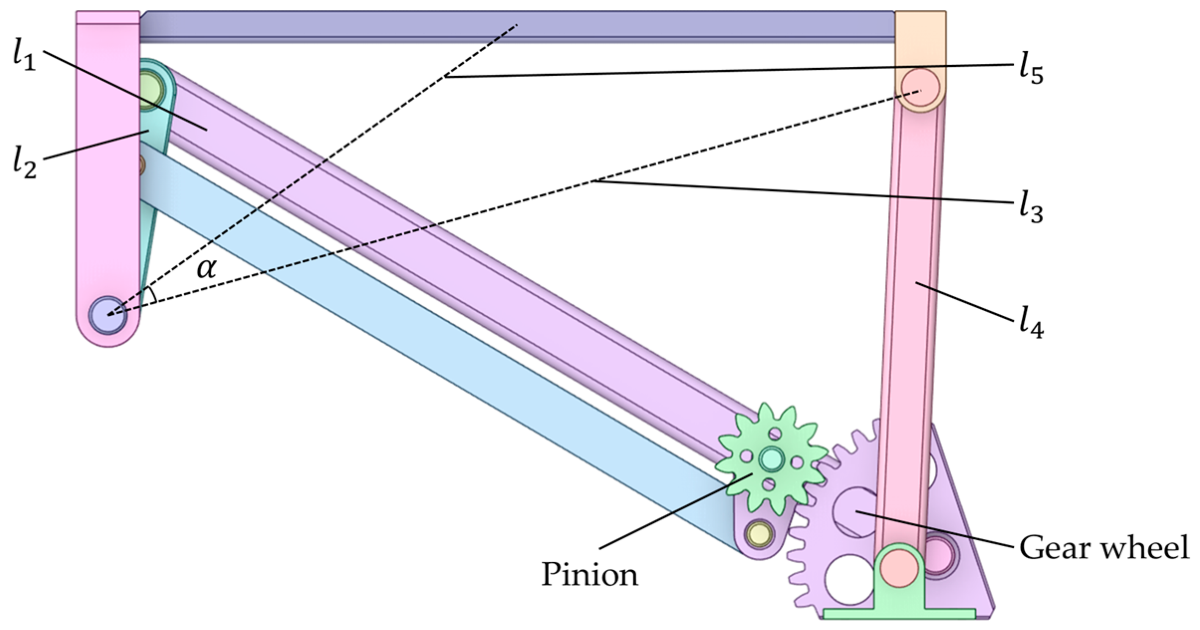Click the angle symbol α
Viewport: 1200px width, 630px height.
coord(207,269)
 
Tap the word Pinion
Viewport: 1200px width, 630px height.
coord(590,575)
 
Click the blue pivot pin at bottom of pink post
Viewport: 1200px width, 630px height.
coord(108,314)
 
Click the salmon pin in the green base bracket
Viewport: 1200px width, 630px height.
coord(899,568)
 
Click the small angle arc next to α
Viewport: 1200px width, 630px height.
coord(152,295)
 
